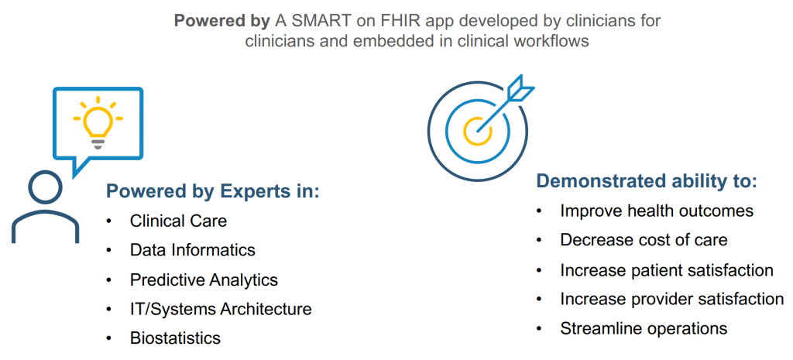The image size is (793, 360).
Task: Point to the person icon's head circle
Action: coord(46,187)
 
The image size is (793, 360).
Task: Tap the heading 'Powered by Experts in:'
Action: coord(212,192)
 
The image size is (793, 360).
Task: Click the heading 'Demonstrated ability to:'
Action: coord(647,181)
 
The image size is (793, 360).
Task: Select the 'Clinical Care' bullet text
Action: coord(179,221)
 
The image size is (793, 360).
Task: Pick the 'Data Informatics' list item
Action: coord(193,250)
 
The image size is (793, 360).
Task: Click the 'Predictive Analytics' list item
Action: coord(204,279)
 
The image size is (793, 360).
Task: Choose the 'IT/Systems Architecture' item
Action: coord(221,308)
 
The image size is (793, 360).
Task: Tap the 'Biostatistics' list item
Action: coord(175,338)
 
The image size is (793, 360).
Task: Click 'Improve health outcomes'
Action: coord(657,211)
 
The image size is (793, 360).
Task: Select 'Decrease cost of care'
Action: coord(644,240)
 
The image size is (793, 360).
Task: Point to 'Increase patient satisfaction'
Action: coord(667,270)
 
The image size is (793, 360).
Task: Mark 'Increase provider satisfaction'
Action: coord(672,299)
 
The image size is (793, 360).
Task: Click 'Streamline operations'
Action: coord(644,328)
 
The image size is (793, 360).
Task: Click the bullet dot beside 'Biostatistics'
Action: coord(108,338)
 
